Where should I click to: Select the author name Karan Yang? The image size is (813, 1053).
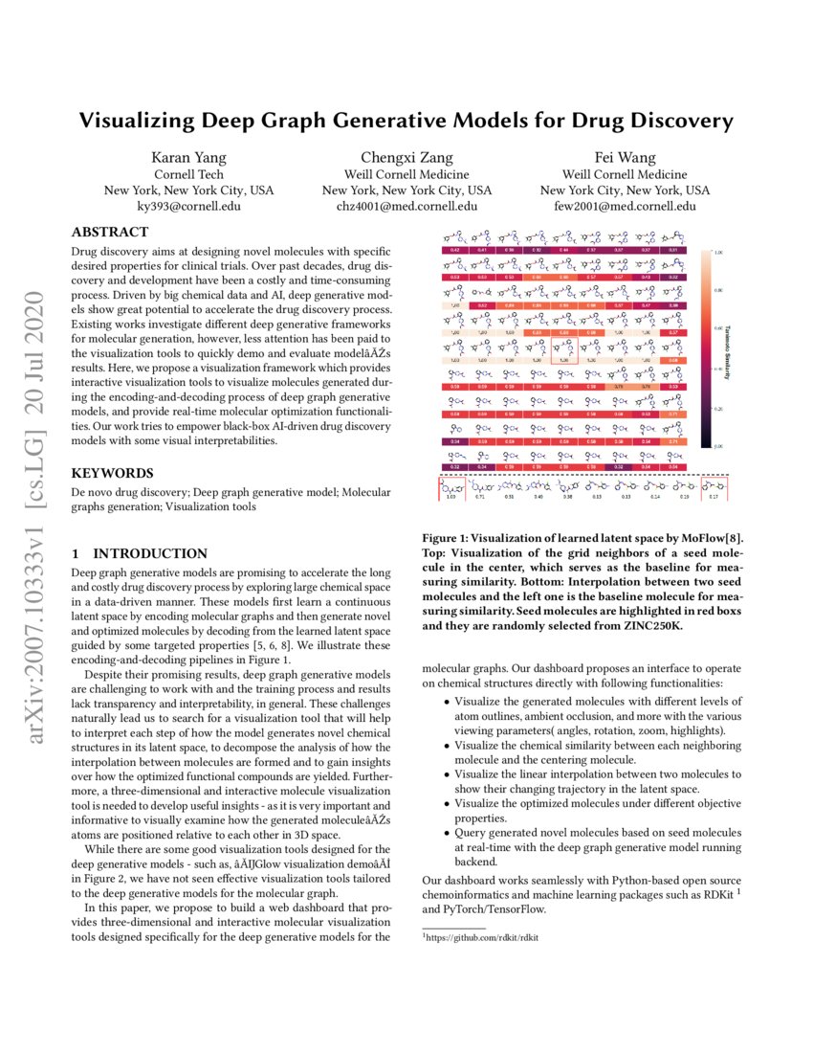pos(188,158)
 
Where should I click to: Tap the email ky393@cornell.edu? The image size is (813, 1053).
pos(188,206)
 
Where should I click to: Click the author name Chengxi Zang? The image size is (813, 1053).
pos(406,158)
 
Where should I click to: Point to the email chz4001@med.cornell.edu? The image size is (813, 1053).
pos(406,206)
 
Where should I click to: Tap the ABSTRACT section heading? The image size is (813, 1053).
pos(110,232)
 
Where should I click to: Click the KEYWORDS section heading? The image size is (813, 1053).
pos(112,473)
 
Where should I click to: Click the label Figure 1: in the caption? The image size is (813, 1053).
pos(452,539)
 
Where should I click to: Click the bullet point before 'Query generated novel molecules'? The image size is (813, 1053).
pos(447,834)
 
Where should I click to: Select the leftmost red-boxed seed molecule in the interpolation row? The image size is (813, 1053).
pos(451,488)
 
